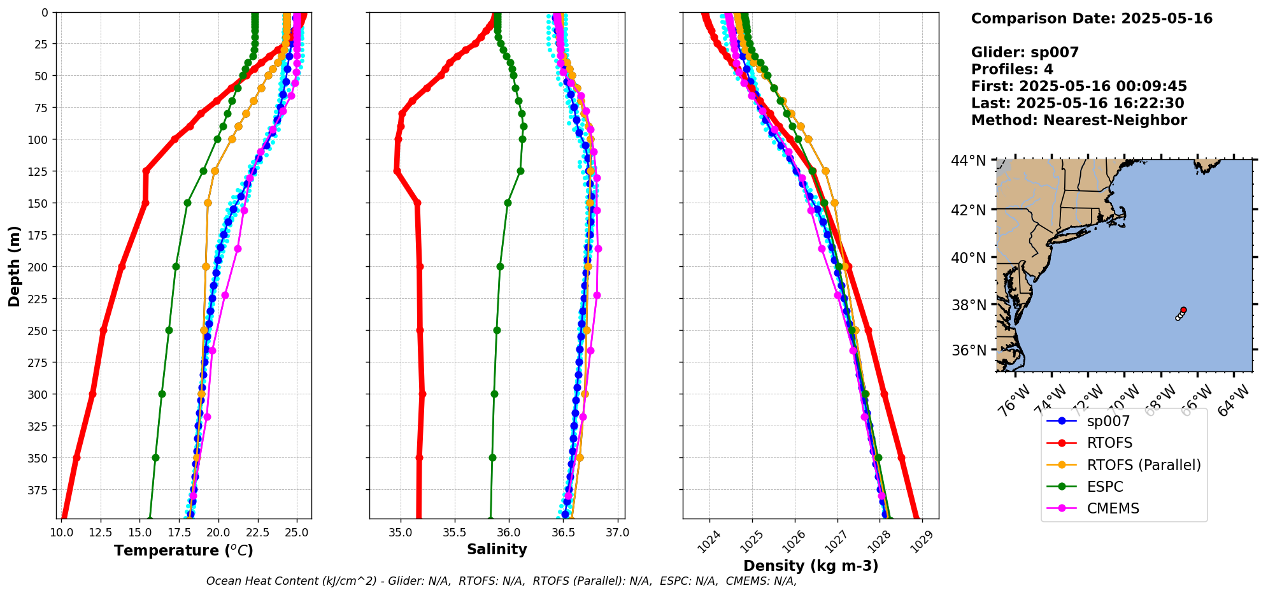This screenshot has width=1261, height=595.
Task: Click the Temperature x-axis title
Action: [183, 550]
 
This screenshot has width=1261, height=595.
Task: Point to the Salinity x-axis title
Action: [497, 549]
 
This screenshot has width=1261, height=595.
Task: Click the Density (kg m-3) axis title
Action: [811, 566]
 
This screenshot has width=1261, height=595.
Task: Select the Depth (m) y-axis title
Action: [14, 266]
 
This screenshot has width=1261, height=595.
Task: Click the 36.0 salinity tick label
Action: [508, 532]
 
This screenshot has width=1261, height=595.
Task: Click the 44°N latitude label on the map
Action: [969, 161]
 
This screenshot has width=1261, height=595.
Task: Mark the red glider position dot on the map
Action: [1183, 310]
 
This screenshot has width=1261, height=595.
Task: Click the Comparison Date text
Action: [1092, 18]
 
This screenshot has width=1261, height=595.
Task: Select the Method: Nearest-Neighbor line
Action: [1079, 120]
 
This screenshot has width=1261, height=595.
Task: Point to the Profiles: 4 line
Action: [1012, 69]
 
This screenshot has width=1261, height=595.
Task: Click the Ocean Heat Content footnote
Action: [501, 581]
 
